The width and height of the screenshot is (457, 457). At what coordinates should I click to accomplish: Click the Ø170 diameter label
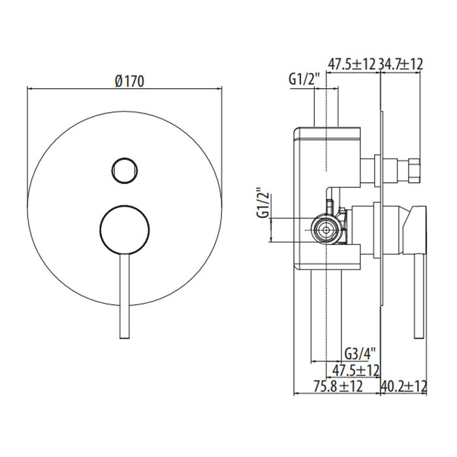pyautogui.click(x=129, y=81)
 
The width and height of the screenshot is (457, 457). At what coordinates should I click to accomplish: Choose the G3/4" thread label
pyautogui.click(x=358, y=355)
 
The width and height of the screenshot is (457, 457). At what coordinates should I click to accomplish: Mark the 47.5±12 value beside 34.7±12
pyautogui.click(x=352, y=64)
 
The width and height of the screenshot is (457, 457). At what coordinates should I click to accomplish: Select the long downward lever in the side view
pyautogui.click(x=414, y=294)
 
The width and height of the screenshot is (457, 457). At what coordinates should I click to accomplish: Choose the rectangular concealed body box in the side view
pyautogui.click(x=326, y=196)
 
